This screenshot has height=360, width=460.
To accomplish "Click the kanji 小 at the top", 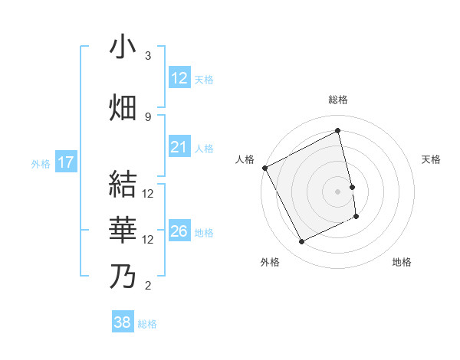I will point(123,47).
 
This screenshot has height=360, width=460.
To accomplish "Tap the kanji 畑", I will point(123,108).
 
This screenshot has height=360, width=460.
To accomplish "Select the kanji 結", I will point(123,185).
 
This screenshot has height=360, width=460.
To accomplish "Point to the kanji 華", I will point(123,231).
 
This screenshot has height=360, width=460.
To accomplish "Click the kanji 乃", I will point(123,277).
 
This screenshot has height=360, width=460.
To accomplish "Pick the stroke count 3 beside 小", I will point(148,56).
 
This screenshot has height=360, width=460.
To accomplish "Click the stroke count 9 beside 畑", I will point(148,116).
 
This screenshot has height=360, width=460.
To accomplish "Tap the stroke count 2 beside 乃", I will point(148,286).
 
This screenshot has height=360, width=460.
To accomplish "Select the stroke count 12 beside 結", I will point(148,193).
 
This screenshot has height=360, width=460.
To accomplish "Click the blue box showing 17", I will point(65,162).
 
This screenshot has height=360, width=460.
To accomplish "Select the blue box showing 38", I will point(123,322).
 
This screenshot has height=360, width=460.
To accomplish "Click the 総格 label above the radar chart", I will point(338,100).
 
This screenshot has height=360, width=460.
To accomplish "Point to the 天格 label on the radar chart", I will point(432,159).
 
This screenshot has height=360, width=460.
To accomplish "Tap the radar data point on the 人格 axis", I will point(264,168).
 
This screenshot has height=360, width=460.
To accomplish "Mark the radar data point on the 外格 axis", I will point(301,242).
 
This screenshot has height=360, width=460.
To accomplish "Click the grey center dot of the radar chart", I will point(338,191).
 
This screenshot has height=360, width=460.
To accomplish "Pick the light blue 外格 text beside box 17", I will point(41,163).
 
